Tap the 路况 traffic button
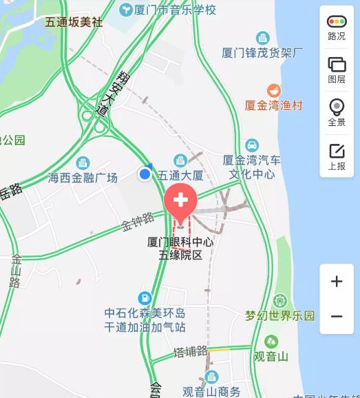coord(337,27)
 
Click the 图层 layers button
coord(337,69)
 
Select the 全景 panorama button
coord(337,112)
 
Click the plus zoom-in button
coord(337,282)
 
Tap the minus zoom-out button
coord(337,317)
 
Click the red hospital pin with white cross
coord(181,201)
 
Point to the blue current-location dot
coord(145,174)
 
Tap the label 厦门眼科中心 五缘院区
coord(181,249)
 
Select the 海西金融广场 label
coord(83,177)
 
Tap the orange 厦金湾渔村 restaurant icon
coord(273,90)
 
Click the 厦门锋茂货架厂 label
coord(263,52)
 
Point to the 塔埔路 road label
coord(191,352)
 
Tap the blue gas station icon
coord(145,297)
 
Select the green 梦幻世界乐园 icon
coord(279,301)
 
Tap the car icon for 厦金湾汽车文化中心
coord(253,145)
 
